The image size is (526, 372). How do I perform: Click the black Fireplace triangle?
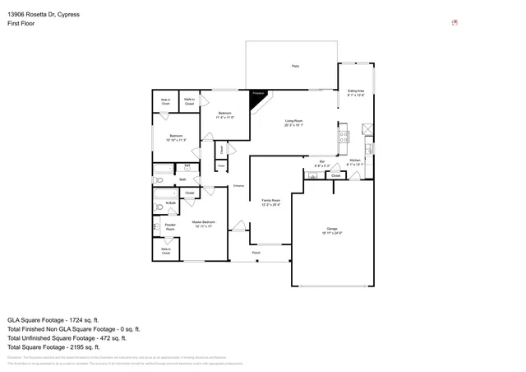(259, 95)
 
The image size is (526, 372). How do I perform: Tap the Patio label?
(295, 66)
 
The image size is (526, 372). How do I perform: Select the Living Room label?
(294, 123)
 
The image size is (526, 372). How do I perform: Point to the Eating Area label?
(356, 93)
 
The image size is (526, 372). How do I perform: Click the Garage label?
(332, 230)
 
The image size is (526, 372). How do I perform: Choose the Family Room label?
(271, 202)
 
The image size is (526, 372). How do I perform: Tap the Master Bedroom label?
(203, 224)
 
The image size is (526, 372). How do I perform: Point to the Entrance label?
(238, 186)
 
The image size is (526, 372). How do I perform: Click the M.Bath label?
(171, 202)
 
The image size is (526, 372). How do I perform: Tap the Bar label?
(322, 163)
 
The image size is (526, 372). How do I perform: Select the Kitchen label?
(354, 161)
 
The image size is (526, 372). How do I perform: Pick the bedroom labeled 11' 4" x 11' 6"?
(224, 114)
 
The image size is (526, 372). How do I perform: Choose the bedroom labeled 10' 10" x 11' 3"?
(176, 137)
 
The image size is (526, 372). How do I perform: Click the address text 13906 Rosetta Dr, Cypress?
(44, 13)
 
